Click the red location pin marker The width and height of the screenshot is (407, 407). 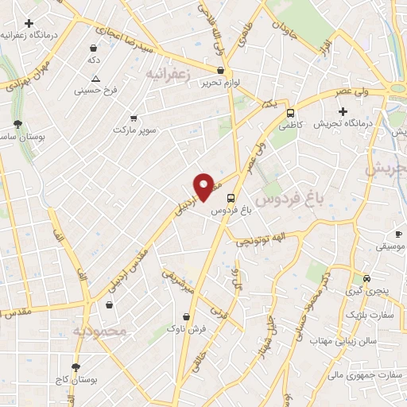204,186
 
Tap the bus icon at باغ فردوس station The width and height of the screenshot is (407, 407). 231,197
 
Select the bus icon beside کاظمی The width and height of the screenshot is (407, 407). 291,113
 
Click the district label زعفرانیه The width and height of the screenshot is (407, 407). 171,73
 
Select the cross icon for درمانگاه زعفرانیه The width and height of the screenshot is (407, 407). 29,24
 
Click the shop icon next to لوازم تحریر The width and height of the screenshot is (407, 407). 220,70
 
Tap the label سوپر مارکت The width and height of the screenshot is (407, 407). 135,129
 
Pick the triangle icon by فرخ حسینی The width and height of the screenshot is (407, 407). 95,78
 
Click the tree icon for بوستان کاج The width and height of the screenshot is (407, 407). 76,367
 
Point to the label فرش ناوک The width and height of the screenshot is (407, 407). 192,328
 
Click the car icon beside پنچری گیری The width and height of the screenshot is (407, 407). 366,278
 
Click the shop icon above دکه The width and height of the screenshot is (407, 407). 94,48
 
